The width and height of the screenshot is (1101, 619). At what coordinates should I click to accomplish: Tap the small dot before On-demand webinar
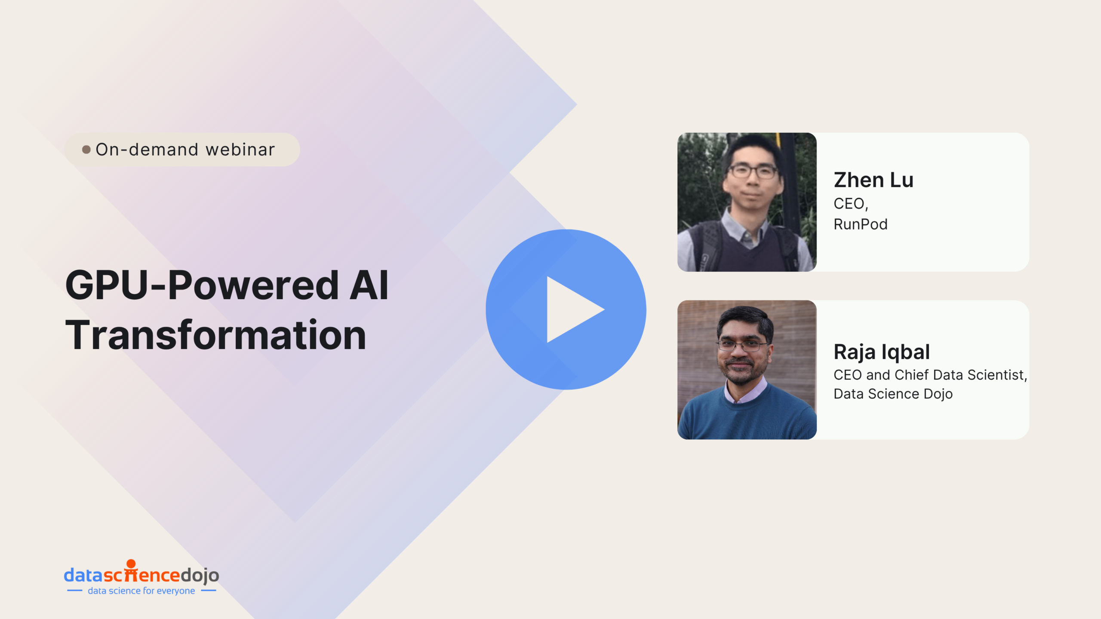coord(86,150)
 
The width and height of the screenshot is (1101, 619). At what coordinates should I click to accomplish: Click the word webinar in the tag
coord(240,150)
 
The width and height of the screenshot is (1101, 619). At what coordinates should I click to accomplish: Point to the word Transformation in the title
coord(215,335)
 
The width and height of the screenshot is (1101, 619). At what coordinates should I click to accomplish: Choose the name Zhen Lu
coord(873,180)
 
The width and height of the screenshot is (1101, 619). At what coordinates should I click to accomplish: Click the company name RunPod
coord(861,224)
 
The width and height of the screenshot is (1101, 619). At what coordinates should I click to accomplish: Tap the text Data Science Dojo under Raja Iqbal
coord(893,394)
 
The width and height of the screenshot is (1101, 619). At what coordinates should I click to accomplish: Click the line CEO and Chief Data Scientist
coord(930,375)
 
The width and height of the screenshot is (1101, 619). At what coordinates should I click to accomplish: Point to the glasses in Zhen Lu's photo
coord(752,171)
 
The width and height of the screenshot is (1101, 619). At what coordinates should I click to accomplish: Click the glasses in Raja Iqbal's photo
coord(742,345)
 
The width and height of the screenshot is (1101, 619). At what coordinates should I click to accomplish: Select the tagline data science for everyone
coord(141,591)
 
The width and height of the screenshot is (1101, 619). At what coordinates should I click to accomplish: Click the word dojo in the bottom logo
coord(200,576)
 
